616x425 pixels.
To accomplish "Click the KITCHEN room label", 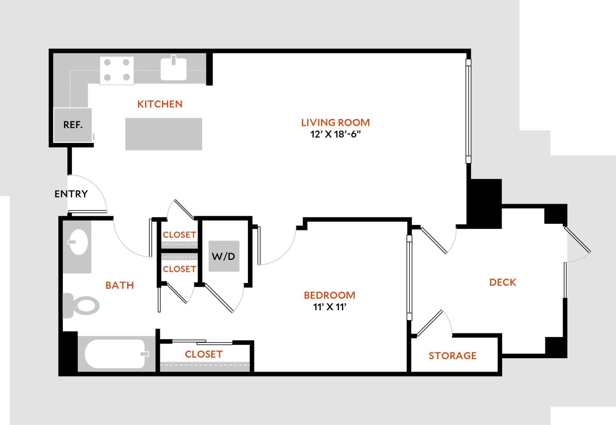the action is [160, 104].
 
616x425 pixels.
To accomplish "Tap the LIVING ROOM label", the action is [335, 123].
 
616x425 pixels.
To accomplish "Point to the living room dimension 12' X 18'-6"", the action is [335, 134].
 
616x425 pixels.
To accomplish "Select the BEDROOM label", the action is [330, 295].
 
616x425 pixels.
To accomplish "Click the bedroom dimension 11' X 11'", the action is [330, 307].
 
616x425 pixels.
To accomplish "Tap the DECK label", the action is [503, 282].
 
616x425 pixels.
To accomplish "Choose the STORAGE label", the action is [452, 356].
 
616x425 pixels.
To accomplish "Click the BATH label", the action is [120, 285].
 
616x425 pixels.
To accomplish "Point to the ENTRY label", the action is [71, 194].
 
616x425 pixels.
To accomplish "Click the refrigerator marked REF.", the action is [73, 125].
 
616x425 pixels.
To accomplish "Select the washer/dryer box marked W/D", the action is [224, 256].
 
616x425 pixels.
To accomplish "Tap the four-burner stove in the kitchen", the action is [117, 71].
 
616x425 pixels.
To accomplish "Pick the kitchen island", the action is [164, 134].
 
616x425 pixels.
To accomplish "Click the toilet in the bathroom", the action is [81, 305].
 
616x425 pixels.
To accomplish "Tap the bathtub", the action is [116, 354].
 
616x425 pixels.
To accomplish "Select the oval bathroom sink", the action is [78, 242].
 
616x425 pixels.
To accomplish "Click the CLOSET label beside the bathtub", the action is [204, 354].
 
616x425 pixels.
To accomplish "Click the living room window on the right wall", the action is [468, 111].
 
